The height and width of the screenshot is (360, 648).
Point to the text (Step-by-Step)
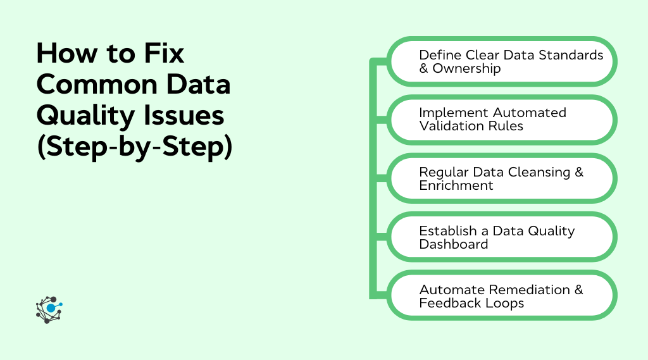[x=134, y=147]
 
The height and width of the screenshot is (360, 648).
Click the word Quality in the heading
[x=83, y=116]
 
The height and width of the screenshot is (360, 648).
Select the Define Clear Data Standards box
[x=502, y=61]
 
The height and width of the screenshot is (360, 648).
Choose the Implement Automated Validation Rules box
[x=502, y=120]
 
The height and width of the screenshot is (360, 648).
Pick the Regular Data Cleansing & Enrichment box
[x=502, y=178]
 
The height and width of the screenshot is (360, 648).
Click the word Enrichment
[x=456, y=185]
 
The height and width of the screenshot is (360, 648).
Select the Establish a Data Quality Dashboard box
[x=502, y=237]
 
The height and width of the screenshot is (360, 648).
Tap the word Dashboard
[x=453, y=244]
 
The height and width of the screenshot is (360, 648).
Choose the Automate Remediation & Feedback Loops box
[x=502, y=295]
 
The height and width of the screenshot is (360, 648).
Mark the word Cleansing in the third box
[x=537, y=172]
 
